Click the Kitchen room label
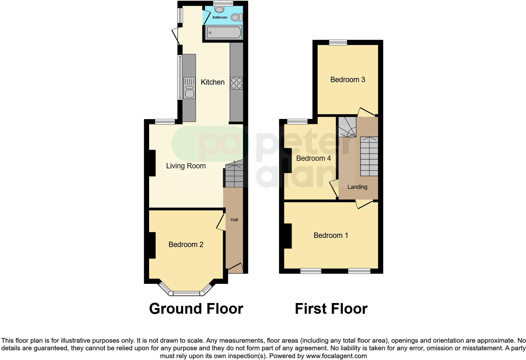pyautogui.click(x=213, y=82)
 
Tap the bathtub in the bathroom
pyautogui.click(x=224, y=32)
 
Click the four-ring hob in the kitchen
pyautogui.click(x=236, y=83)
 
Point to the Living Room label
pyautogui.click(x=186, y=166)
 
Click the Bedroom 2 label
pyautogui.click(x=186, y=245)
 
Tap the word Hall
pyautogui.click(x=234, y=220)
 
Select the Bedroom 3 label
pyautogui.click(x=348, y=80)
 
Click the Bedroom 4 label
pyautogui.click(x=313, y=158)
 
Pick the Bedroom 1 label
pyautogui.click(x=331, y=235)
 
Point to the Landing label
pyautogui.click(x=357, y=187)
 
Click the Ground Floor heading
pyautogui.click(x=196, y=309)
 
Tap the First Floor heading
pyautogui.click(x=331, y=309)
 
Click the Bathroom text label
pyautogui.click(x=220, y=17)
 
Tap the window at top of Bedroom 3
pyautogui.click(x=338, y=42)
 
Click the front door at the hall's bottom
pyautogui.click(x=235, y=267)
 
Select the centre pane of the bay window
pyautogui.click(x=186, y=293)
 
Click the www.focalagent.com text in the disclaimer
pyautogui.click(x=336, y=356)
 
